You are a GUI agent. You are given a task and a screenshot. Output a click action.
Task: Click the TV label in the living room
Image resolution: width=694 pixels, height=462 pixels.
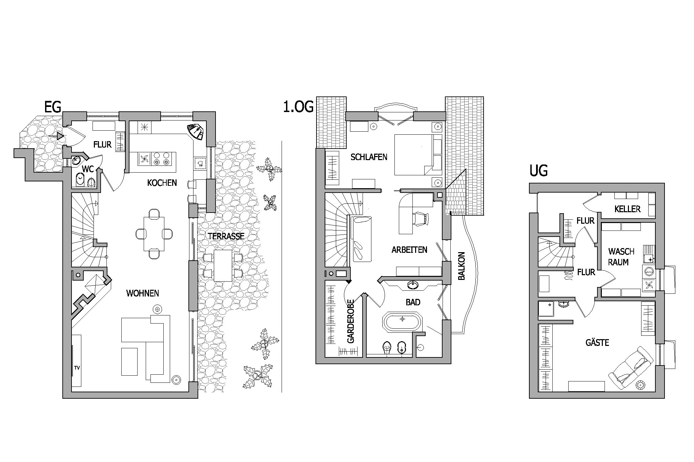click(77, 368)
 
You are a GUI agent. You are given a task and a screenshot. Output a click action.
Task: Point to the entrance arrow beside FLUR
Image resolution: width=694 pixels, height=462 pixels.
click(56, 136)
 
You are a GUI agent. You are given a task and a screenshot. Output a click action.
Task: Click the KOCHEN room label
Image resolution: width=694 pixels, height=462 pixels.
click(162, 183)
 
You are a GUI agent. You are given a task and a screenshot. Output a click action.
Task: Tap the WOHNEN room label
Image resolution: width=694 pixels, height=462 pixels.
click(143, 293)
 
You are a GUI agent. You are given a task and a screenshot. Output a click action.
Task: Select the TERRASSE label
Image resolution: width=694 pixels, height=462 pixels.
click(226, 236)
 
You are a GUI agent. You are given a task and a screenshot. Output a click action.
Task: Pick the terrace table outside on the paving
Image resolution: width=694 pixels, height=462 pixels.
click(223, 265)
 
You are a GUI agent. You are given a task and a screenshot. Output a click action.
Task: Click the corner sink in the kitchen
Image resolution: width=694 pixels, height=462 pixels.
click(196, 132)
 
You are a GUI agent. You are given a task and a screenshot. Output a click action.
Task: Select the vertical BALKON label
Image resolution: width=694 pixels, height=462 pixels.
click(461, 266)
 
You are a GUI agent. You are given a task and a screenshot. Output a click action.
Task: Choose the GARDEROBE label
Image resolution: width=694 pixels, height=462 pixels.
click(351, 321)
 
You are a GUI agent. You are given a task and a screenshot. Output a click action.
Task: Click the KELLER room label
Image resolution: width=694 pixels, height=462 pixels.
click(628, 209)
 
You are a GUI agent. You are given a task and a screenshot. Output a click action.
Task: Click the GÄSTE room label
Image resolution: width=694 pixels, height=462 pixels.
click(597, 343)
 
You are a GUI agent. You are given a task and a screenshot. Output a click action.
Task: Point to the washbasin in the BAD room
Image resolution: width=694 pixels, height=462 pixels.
click(412, 285)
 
